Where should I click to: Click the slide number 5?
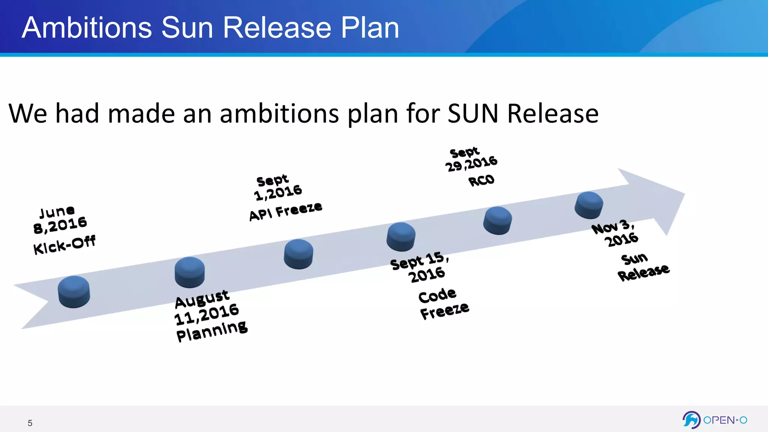coord(30,423)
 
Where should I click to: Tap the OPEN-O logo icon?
coord(691,420)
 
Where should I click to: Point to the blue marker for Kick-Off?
coord(74,292)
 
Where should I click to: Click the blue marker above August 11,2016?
coord(190,272)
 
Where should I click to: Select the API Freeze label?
coord(285,211)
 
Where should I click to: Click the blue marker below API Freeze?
coord(298,253)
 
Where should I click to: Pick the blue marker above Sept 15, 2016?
coord(401,236)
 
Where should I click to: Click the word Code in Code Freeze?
coord(437,295)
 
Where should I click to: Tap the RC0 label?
coord(481,181)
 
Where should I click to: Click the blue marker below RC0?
coord(498,220)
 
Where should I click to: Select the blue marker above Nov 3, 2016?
coord(589,205)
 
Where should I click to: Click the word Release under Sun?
coord(643,273)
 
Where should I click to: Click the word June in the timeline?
coord(57,212)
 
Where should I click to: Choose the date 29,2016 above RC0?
coord(471,164)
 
